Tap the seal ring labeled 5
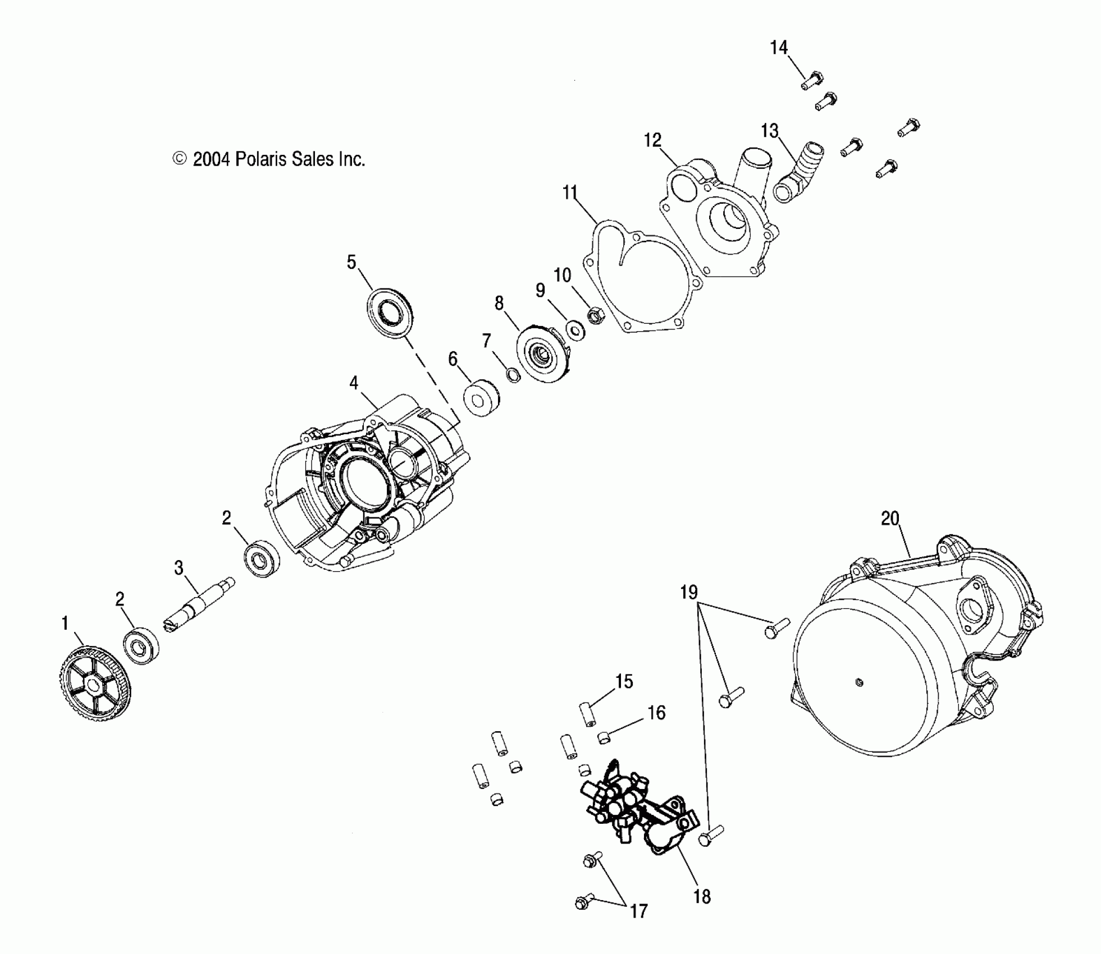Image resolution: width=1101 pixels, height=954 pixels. point(389,313)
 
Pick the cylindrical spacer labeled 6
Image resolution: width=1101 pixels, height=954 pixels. point(481,399)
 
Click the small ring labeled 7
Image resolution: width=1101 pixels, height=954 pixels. point(513,374)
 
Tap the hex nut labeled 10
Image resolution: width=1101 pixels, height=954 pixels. point(595,316)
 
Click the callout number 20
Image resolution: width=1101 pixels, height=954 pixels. point(890,519)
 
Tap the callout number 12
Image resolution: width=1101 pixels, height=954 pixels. point(652,140)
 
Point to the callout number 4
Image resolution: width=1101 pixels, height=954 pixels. point(353,383)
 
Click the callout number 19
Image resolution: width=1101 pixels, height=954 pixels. point(689,592)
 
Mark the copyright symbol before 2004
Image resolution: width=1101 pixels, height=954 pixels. point(179,159)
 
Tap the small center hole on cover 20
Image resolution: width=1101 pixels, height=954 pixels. point(858,682)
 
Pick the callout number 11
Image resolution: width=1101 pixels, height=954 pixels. point(570,192)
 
